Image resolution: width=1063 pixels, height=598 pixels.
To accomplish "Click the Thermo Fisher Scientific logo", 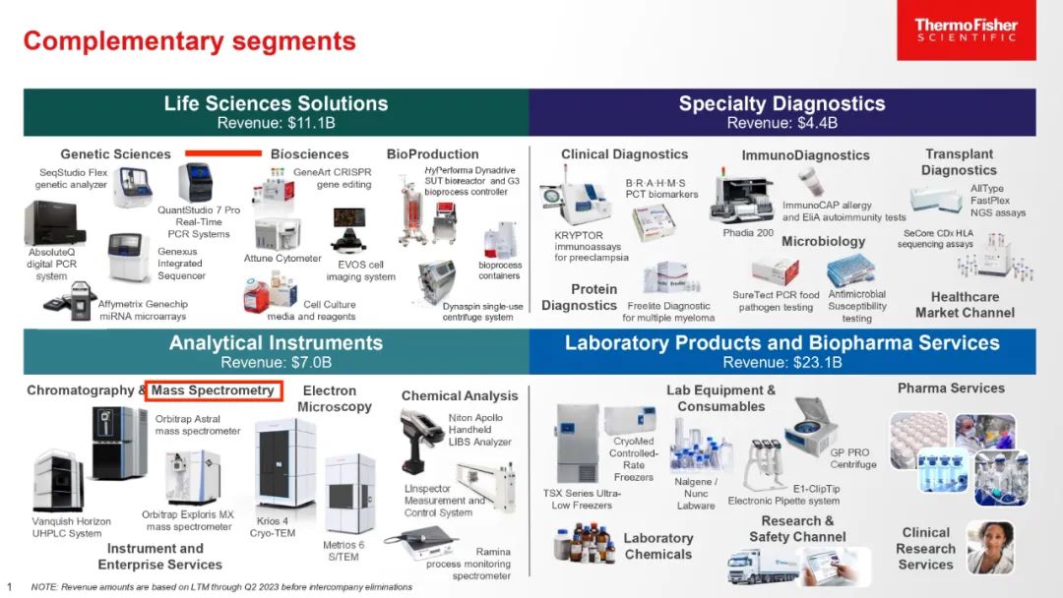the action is point(967,30).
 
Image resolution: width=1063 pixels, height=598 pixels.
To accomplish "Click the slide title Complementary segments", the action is point(189,41).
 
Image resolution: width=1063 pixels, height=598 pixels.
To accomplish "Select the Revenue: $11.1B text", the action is point(276,123).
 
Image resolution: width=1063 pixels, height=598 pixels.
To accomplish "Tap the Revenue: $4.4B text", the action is point(782,123).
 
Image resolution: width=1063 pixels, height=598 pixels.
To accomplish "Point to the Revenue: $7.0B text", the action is point(276,362).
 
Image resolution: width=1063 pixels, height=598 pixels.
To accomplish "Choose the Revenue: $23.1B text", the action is point(782,362).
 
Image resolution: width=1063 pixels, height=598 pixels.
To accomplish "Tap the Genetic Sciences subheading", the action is point(115,154).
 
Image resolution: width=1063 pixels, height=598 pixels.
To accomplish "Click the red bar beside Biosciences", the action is point(223,153).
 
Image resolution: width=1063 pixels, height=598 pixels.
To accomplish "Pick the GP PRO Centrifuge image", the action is point(810,427).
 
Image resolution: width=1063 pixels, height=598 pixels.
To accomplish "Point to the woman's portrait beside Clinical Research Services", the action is point(990,547).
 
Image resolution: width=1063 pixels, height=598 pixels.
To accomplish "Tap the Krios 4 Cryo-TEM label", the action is point(272,527).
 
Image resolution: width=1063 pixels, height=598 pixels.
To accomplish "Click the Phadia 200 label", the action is point(748,233).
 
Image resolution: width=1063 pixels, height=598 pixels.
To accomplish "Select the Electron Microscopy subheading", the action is point(335,399).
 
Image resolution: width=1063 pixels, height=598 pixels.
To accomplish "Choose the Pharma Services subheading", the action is point(951,389).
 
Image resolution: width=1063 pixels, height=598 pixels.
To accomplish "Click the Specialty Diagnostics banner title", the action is point(782,103).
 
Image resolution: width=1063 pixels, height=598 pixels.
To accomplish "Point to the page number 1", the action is point(10,586).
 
